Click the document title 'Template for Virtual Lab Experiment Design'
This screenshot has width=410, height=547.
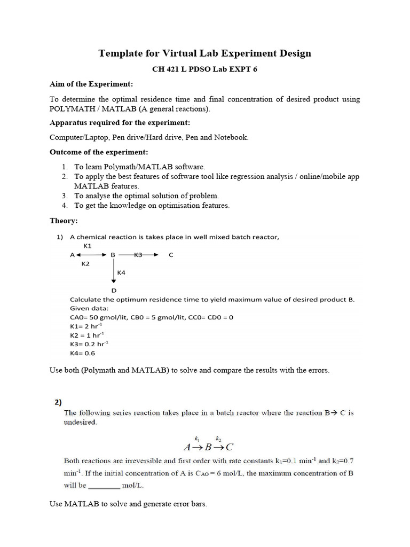click(205, 53)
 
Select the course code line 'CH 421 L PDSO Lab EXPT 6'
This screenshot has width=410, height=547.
click(205, 69)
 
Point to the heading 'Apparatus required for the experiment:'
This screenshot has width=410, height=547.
click(117, 122)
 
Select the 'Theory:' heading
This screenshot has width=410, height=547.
click(64, 221)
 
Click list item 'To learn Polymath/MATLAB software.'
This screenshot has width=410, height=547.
click(139, 167)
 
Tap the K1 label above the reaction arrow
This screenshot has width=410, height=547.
click(88, 246)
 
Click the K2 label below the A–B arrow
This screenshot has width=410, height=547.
click(85, 264)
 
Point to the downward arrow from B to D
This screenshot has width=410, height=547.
click(114, 272)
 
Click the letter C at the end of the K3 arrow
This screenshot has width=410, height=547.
click(171, 255)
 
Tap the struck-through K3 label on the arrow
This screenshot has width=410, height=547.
click(138, 255)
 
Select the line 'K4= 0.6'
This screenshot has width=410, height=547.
click(82, 353)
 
